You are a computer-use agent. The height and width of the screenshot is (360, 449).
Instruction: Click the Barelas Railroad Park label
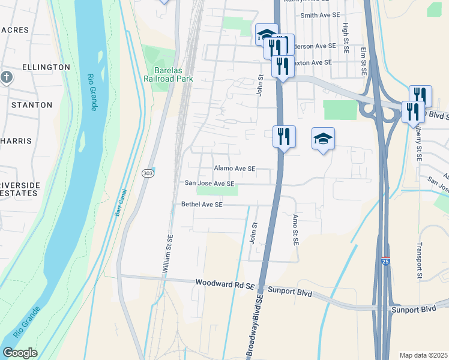163,74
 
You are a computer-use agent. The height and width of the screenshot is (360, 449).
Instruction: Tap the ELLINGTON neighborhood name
46,67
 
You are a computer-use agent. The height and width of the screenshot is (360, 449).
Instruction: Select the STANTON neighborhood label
32,105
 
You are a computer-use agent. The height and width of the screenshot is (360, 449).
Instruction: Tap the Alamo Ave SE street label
235,169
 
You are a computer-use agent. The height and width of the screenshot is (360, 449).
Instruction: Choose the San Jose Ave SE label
209,184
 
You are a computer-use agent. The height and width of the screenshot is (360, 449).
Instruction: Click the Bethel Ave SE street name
202,205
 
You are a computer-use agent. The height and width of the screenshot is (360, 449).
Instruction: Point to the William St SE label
169,255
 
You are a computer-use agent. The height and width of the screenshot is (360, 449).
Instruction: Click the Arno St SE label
295,230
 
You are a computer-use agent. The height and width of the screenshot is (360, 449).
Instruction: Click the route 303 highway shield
148,173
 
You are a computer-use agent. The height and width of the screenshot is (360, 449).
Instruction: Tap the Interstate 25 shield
385,262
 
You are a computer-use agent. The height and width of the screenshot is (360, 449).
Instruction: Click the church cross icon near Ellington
6,77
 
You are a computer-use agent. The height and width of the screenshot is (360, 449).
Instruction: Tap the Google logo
20,353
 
